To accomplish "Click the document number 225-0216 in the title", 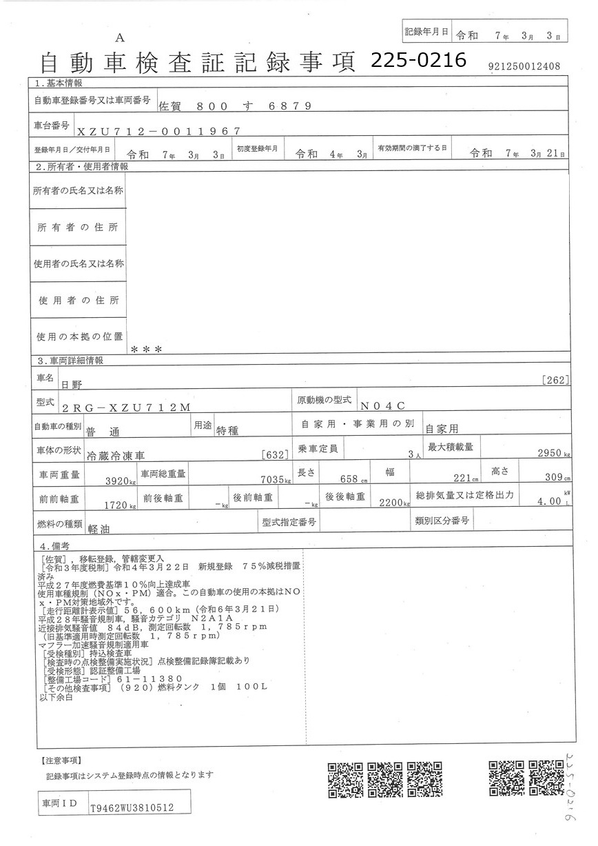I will click(x=417, y=60).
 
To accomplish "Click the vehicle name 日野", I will click(x=72, y=383).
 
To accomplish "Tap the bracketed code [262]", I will click(x=555, y=379).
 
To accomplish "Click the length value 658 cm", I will click(x=353, y=479).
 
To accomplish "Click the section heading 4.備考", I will click(x=52, y=545).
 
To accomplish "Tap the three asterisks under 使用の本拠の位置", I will click(x=146, y=350).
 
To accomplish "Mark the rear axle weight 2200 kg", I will click(x=394, y=503).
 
